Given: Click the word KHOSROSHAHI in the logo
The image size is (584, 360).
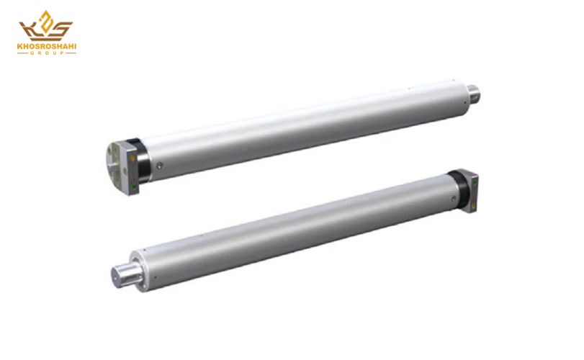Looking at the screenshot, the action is pos(47,47).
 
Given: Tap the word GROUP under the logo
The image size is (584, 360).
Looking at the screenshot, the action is pos(47,53).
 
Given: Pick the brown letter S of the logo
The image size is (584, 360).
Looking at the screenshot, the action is pos(61,30).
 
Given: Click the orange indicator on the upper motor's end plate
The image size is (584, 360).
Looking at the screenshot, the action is pos(132,158).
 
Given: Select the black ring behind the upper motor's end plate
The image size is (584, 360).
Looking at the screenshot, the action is pos(144,161).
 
